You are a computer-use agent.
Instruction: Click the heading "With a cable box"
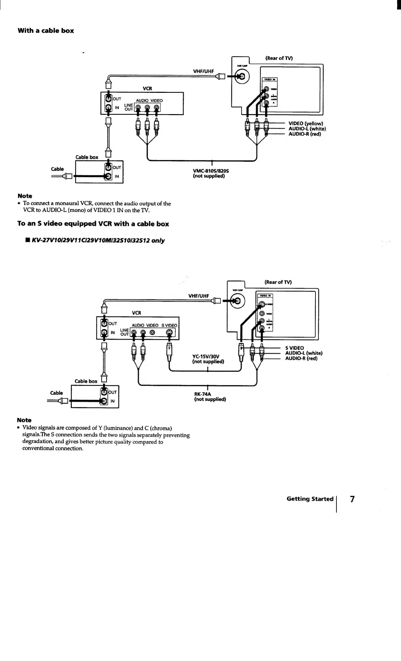coord(46,31)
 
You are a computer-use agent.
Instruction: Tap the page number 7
coord(352,499)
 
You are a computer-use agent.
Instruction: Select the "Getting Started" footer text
coord(310,499)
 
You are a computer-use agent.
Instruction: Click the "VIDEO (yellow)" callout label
coord(306,124)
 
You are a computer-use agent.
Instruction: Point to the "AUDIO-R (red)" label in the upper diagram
coord(305,134)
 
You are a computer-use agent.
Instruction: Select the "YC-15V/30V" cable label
coord(205,356)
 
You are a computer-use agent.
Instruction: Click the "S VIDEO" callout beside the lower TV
coord(295,348)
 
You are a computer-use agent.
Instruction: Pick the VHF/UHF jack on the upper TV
coord(242,77)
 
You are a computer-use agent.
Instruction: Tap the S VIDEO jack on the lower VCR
coord(169,333)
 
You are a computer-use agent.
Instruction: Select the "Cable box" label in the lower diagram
coord(86,381)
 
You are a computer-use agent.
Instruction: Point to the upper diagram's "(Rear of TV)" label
coord(279,58)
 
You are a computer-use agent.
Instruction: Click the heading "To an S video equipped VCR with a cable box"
coord(93,224)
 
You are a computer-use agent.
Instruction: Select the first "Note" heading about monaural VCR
coord(25,196)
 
